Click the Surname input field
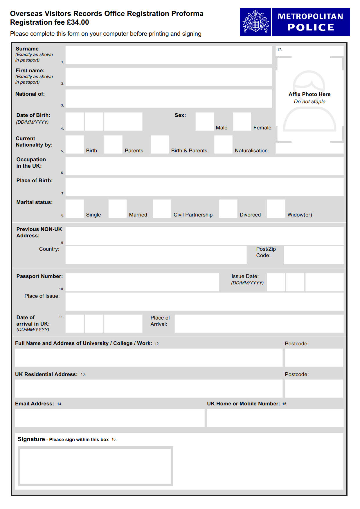[168, 55]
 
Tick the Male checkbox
[204, 122]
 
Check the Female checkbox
[242, 122]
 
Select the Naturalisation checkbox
[223, 145]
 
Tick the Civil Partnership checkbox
[162, 208]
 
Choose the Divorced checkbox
[228, 208]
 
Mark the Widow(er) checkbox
[276, 208]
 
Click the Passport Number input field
[142, 282]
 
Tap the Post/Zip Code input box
[313, 255]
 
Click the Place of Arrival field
[259, 324]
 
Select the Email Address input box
[110, 418]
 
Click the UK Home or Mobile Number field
[275, 418]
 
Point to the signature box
[95, 466]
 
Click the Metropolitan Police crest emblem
[255, 22]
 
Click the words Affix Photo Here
[309, 94]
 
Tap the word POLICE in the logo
[311, 27]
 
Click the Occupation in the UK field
[204, 166]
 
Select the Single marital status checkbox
[75, 208]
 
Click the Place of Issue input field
[204, 302]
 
